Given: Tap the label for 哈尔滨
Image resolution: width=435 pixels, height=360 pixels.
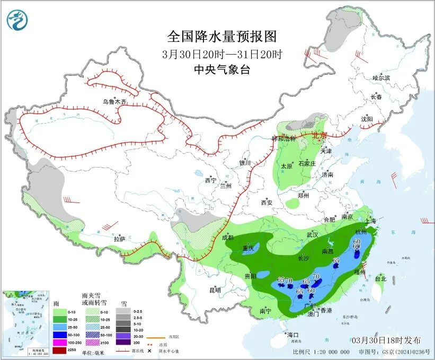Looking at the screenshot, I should (381, 78).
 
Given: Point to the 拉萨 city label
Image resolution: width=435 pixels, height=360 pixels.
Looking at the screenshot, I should (119, 239).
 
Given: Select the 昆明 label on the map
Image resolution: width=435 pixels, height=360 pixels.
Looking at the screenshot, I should (215, 290).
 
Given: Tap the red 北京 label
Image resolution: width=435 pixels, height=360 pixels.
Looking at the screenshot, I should (320, 135).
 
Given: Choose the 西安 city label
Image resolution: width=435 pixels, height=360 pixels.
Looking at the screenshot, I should (267, 203).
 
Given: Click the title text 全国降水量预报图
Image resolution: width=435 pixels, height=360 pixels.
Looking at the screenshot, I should (222, 37).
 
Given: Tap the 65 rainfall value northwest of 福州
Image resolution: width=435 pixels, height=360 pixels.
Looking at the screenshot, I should (336, 260).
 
